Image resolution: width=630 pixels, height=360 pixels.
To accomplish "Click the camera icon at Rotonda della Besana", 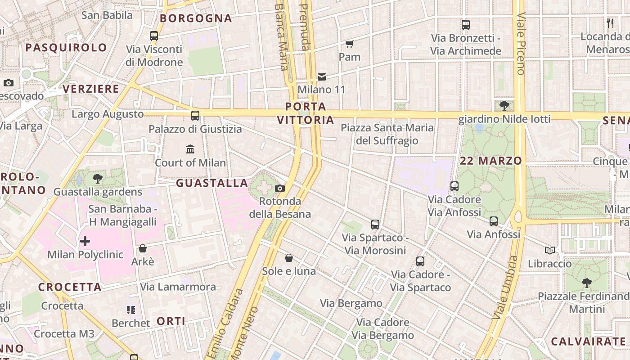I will click(280, 189).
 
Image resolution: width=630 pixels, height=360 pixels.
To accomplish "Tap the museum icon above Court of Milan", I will click(190, 149).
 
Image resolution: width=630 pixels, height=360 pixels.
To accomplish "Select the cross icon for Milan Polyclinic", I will click(85, 242).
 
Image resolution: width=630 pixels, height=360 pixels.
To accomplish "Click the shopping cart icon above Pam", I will click(350, 44).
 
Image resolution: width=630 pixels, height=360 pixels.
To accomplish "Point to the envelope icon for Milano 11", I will click(322, 77).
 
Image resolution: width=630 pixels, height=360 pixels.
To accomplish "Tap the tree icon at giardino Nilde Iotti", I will click(504, 106).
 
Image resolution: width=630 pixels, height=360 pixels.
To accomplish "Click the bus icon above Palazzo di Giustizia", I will click(195, 116).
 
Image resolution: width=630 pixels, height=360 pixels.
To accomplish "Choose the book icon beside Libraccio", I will click(549, 250).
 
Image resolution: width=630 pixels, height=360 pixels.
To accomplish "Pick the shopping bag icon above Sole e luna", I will click(289, 258).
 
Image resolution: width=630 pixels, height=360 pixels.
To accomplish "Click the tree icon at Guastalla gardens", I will click(97, 179).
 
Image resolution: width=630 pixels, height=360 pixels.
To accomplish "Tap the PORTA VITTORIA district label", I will click(306, 113).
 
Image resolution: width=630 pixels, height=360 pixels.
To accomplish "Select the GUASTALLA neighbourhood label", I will click(212, 183).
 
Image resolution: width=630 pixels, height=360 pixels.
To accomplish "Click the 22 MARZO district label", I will click(491, 161).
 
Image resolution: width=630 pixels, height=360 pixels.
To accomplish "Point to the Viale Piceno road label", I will click(521, 43).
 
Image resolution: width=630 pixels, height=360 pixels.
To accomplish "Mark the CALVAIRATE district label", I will click(588, 341).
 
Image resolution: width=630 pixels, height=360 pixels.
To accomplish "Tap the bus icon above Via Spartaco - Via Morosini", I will click(375, 225).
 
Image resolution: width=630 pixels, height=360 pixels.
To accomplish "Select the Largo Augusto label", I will click(108, 114).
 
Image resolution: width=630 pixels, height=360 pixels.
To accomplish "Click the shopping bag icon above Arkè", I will click(143, 248).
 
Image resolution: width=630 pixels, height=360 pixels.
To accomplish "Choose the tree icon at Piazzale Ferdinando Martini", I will click(586, 283).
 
